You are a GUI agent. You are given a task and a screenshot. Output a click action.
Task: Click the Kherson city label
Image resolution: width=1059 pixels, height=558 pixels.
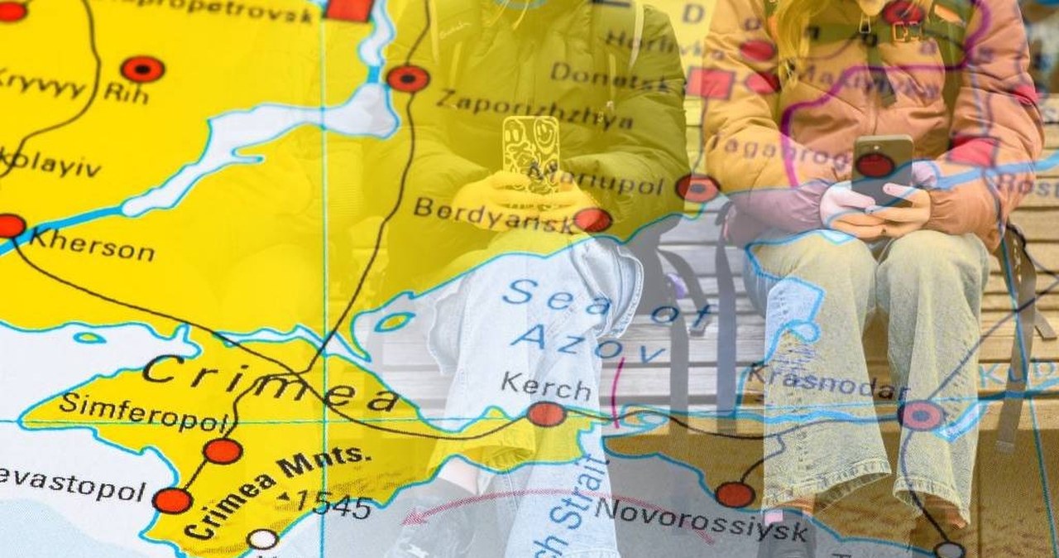91,248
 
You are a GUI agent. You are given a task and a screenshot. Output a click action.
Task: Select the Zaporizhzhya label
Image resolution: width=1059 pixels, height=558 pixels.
534,111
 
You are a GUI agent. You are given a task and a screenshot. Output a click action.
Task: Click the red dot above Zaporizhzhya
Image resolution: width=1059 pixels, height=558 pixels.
408,78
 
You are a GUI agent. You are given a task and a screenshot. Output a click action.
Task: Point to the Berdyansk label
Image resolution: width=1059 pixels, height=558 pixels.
494,214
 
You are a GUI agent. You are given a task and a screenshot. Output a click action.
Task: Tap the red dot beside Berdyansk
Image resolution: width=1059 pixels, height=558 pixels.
592,219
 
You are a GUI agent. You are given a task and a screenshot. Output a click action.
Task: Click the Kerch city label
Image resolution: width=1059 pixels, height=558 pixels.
546,386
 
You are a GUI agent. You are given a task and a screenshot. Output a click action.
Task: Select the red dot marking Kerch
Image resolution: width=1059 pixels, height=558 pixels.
546,414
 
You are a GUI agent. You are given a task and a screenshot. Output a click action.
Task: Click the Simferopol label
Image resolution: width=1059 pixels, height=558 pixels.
141,412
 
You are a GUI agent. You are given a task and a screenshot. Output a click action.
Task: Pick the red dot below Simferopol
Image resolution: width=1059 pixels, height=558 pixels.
223,450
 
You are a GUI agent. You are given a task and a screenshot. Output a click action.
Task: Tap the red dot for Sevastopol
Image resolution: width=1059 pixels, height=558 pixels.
172,500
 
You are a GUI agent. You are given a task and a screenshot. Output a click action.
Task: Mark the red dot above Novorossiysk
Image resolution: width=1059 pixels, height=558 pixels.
735,494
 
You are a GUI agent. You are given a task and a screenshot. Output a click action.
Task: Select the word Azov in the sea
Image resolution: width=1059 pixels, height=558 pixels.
587,343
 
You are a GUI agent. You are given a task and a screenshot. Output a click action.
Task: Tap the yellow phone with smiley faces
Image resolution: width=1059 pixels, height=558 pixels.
530,153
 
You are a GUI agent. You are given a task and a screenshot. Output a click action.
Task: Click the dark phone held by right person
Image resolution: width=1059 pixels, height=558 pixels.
882,169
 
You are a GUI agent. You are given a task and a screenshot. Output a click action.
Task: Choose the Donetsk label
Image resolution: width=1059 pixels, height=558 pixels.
609,77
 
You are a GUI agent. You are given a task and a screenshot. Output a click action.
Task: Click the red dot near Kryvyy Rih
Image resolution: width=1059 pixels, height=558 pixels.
142,69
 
